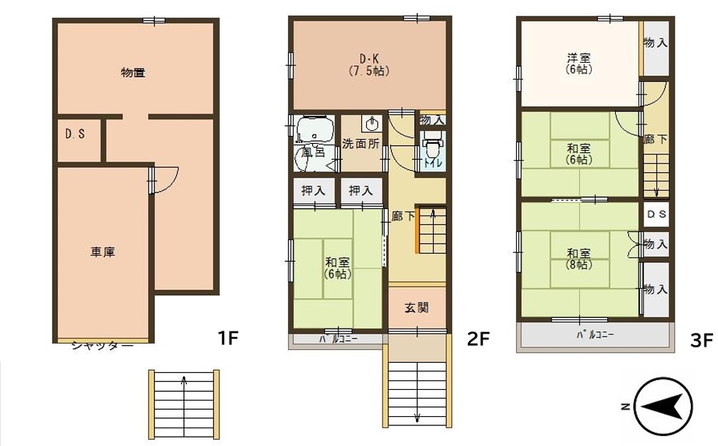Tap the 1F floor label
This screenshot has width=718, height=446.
click(x=228, y=339)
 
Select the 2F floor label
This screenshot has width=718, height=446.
click(x=478, y=339)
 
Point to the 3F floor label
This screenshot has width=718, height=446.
click(x=702, y=341)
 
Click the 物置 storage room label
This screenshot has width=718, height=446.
click(x=133, y=73)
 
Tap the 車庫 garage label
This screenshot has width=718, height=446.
click(x=102, y=252)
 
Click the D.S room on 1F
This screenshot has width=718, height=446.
click(x=78, y=139)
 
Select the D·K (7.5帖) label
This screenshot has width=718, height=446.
click(x=369, y=65)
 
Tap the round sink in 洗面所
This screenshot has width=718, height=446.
click(x=371, y=123)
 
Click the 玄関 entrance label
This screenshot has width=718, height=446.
click(x=417, y=307)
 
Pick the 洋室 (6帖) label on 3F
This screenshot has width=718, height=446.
click(x=579, y=64)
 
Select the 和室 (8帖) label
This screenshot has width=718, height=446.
click(x=579, y=259)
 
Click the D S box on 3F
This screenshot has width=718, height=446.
click(x=657, y=214)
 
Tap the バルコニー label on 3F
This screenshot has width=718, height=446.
click(x=595, y=335)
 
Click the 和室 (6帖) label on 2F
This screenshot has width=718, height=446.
click(x=338, y=268)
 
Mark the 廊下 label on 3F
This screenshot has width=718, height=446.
click(x=655, y=139)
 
